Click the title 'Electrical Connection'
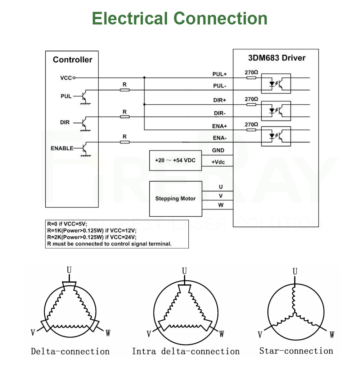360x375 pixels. [180, 18]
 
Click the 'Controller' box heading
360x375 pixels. [72, 60]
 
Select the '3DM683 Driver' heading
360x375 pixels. [277, 58]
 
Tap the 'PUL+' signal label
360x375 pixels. [220, 74]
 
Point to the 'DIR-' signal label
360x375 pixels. [220, 113]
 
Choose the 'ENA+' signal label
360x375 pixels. [220, 126]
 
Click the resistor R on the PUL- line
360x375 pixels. [125, 90]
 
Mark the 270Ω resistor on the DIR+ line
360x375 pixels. [251, 104]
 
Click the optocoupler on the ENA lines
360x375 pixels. [275, 136]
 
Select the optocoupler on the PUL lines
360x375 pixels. [275, 84]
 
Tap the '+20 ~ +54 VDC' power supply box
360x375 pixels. [175, 160]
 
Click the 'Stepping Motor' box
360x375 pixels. [175, 199]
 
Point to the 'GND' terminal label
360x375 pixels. [218, 150]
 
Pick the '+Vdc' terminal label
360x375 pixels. [218, 162]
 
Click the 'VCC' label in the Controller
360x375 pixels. [66, 78]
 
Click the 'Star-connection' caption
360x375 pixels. [296, 351]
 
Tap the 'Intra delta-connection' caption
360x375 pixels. [185, 351]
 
